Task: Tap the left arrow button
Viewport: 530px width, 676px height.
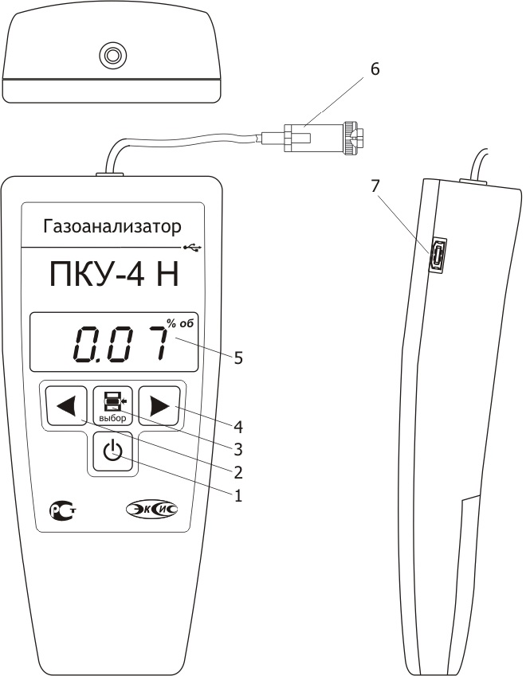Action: pyautogui.click(x=66, y=406)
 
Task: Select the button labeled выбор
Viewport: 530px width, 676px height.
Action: pyautogui.click(x=112, y=406)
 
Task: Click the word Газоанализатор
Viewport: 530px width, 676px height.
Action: pyautogui.click(x=112, y=226)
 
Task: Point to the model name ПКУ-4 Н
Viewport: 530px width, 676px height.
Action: pyautogui.click(x=114, y=275)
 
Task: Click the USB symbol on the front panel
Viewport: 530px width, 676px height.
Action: pyautogui.click(x=191, y=248)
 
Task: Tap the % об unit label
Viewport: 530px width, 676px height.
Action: pyautogui.click(x=180, y=323)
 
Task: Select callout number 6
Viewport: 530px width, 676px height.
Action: pyautogui.click(x=375, y=69)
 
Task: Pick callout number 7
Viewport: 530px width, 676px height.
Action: pyautogui.click(x=375, y=186)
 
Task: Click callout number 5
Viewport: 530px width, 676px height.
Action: pyautogui.click(x=238, y=358)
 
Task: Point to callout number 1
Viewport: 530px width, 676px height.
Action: pyautogui.click(x=238, y=495)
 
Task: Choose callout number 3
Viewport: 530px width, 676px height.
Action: pyautogui.click(x=238, y=449)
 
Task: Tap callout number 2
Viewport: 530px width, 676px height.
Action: pyautogui.click(x=238, y=472)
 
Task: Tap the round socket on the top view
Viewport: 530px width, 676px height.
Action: pyautogui.click(x=113, y=55)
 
